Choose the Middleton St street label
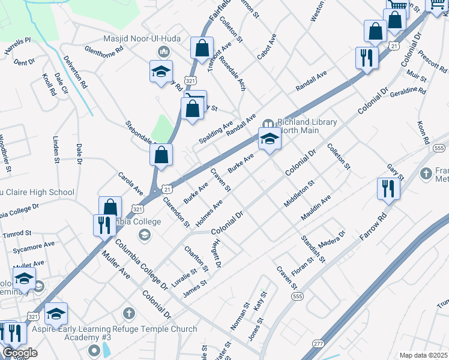(x=299, y=194)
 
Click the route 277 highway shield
(x=318, y=343)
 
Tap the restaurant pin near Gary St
(x=388, y=189)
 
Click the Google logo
(x=20, y=353)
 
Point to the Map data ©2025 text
(x=423, y=355)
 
